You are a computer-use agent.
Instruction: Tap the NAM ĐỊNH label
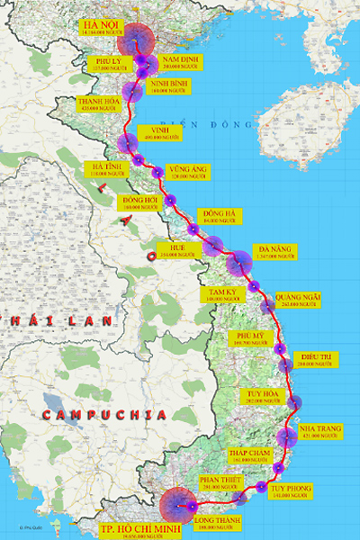point(179,62)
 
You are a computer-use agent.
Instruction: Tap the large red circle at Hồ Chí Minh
point(177,506)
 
